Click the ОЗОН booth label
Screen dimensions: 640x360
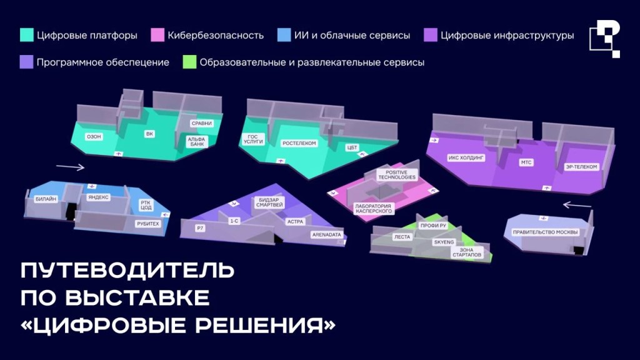94,137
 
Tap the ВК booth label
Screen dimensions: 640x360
149,134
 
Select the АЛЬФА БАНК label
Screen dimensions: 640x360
197,142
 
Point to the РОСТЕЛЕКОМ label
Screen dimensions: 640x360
299,143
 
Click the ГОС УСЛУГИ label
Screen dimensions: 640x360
253,139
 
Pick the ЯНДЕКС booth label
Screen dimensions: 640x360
98,197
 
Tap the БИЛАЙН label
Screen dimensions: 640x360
46,199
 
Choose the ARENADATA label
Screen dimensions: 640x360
326,235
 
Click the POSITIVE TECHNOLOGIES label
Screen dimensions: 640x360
397,175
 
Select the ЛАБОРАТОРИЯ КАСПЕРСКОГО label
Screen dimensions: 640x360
374,209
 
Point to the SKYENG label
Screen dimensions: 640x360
444,242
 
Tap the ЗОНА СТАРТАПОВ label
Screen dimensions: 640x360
466,252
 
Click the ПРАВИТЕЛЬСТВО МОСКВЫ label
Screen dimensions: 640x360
545,232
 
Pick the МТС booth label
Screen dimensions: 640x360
526,162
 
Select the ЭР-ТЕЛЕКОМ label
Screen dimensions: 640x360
581,166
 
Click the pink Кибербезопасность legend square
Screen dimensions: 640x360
157,35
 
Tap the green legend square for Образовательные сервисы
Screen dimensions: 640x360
189,62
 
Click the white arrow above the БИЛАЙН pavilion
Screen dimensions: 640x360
70,166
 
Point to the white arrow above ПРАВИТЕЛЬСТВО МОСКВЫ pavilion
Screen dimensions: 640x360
577,204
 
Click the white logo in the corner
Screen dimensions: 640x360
605,39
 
